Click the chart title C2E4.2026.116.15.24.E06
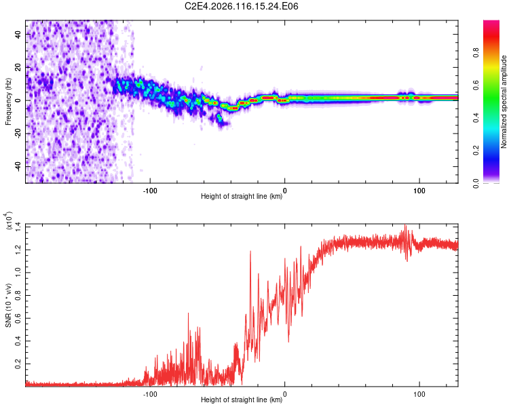point(242,6)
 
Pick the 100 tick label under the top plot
point(419,190)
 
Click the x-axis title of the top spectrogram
point(242,197)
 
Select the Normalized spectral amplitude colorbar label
point(504,102)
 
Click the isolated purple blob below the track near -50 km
point(219,119)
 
